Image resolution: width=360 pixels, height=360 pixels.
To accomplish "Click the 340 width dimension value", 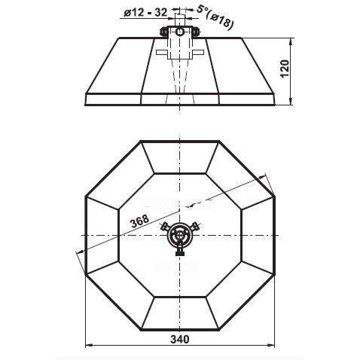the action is [x=180, y=339].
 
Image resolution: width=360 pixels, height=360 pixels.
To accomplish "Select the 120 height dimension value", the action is [x=285, y=69].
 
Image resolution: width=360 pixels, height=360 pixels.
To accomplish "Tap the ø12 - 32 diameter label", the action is [x=145, y=13].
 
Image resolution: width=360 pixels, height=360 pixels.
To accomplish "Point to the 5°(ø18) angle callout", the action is [x=215, y=17].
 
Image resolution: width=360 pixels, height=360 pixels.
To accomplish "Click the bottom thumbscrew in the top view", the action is [x=180, y=251].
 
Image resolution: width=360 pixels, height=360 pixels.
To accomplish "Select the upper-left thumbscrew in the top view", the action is [x=166, y=227].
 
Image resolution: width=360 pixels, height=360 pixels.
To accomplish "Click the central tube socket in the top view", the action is [x=180, y=235].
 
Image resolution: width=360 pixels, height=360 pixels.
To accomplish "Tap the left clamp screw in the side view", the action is [x=163, y=32].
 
